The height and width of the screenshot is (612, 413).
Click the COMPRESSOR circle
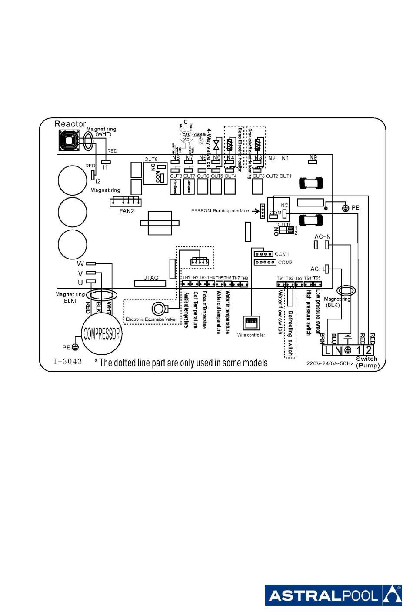(102, 334)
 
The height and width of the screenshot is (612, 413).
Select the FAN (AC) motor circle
(187, 137)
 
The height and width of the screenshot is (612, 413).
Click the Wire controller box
(251, 323)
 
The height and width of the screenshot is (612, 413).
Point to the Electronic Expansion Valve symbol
(158, 309)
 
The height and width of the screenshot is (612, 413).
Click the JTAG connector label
(151, 278)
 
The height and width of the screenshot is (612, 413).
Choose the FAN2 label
(127, 211)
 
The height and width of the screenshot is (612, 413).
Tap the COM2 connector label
(285, 263)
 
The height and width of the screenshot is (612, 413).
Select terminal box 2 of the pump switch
(369, 350)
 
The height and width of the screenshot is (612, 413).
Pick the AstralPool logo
(333, 595)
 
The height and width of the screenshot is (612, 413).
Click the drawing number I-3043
(68, 361)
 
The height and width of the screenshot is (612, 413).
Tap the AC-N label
(322, 236)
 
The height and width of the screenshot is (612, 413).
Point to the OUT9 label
(151, 159)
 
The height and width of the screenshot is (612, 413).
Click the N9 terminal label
(313, 157)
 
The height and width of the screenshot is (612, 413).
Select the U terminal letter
(80, 283)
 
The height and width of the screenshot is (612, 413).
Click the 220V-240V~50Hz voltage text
(330, 363)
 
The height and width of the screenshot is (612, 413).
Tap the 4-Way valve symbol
(216, 144)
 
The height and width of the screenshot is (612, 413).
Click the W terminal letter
(80, 264)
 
